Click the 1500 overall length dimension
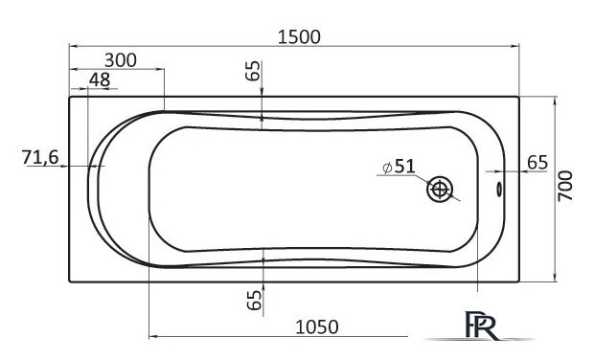(299, 37)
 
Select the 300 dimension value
(121, 60)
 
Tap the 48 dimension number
(100, 79)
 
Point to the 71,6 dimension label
(40, 157)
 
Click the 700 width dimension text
(565, 186)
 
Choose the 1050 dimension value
(317, 327)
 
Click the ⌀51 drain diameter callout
(399, 167)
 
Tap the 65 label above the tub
(253, 71)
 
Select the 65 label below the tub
(254, 300)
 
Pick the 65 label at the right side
(537, 163)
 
